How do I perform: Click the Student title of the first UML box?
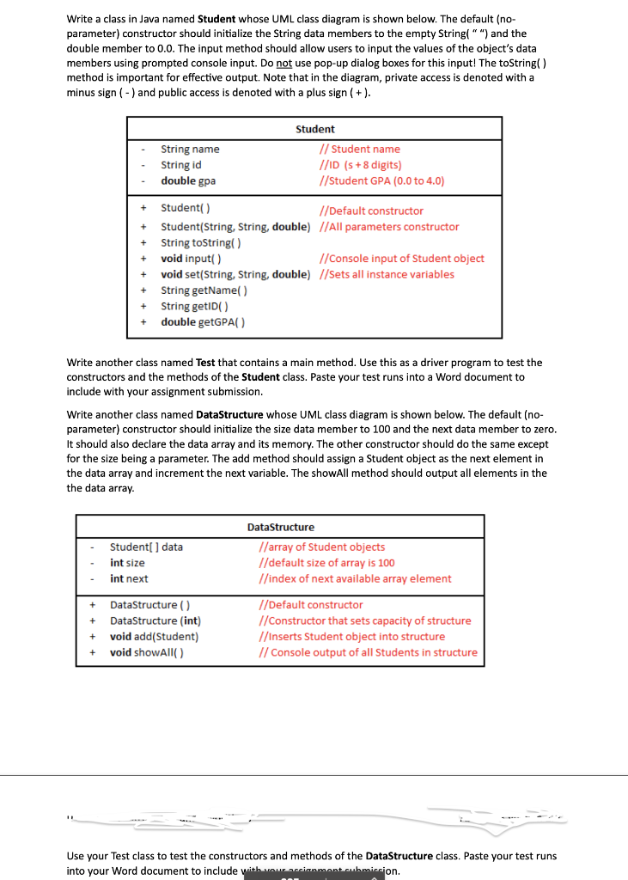pyautogui.click(x=314, y=129)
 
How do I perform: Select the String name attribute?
pyautogui.click(x=190, y=150)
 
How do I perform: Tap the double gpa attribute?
pyautogui.click(x=188, y=180)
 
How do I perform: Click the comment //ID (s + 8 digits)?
pyautogui.click(x=360, y=165)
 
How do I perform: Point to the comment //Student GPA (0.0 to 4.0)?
pyautogui.click(x=381, y=180)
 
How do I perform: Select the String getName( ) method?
pyautogui.click(x=204, y=290)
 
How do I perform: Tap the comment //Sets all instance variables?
pyautogui.click(x=386, y=274)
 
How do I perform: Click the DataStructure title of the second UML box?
pyautogui.click(x=280, y=527)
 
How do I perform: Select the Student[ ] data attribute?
pyautogui.click(x=146, y=547)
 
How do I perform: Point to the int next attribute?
pyautogui.click(x=129, y=578)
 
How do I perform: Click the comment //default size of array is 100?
pyautogui.click(x=326, y=563)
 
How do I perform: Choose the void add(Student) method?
pyautogui.click(x=154, y=637)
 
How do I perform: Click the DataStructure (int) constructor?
pyautogui.click(x=155, y=620)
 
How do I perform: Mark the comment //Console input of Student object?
pyautogui.click(x=400, y=259)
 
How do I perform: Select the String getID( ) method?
pyautogui.click(x=194, y=306)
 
